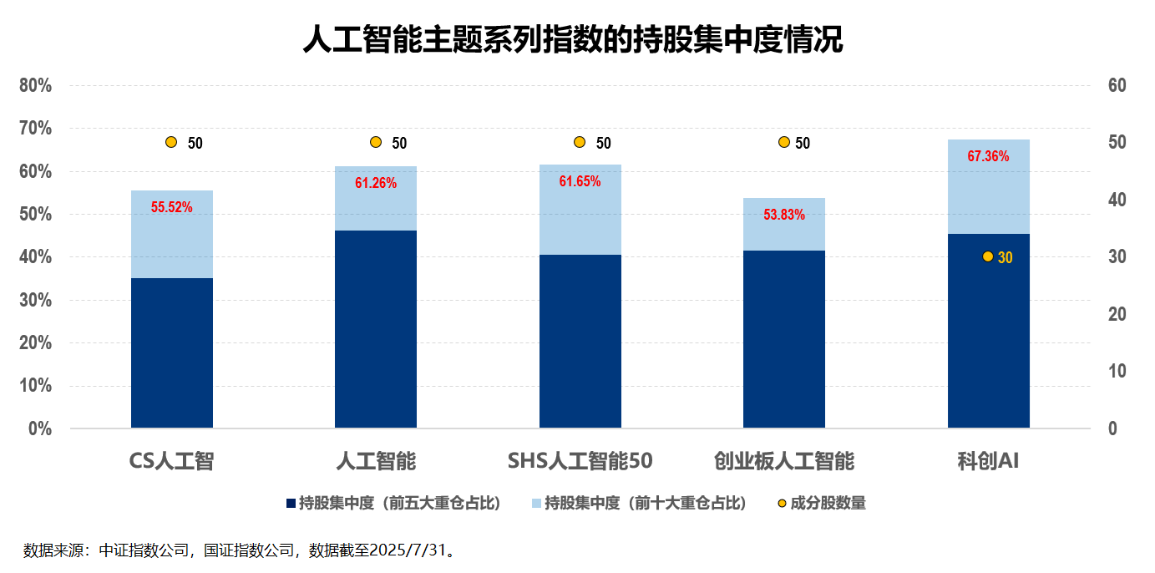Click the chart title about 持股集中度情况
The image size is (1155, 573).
pyautogui.click(x=572, y=39)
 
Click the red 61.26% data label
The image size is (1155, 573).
pyautogui.click(x=376, y=183)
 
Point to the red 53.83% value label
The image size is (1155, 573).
pyautogui.click(x=784, y=215)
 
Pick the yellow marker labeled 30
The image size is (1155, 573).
pyautogui.click(x=988, y=256)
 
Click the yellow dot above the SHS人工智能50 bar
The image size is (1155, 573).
pyautogui.click(x=580, y=142)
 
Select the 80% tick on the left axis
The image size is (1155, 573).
pyautogui.click(x=36, y=85)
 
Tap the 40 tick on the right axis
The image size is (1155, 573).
pyautogui.click(x=1117, y=200)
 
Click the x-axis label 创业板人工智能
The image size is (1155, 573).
pyautogui.click(x=784, y=461)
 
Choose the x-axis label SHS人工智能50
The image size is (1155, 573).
pyautogui.click(x=580, y=461)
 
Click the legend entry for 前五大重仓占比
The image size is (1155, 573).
pyautogui.click(x=393, y=503)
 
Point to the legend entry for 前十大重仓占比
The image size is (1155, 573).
pyautogui.click(x=639, y=503)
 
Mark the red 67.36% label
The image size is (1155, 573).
pyautogui.click(x=988, y=156)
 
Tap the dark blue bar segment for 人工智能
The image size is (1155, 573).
pyautogui.click(x=376, y=329)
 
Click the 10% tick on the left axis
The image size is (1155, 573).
pyautogui.click(x=36, y=386)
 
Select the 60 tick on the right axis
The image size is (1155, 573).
pyautogui.click(x=1117, y=85)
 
